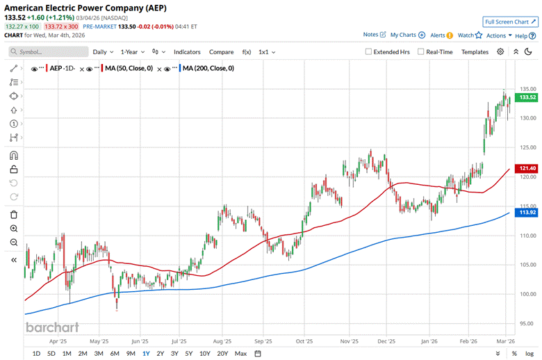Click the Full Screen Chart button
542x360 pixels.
509,22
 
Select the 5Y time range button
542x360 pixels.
189,354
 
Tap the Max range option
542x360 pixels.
240,354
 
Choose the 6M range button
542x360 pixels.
115,354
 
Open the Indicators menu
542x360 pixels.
187,51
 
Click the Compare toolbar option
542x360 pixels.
222,51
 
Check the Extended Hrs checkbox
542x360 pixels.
369,51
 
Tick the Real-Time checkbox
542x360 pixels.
421,51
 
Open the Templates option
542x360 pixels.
475,51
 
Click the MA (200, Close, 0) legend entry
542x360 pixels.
206,68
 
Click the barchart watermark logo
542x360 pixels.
52,327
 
